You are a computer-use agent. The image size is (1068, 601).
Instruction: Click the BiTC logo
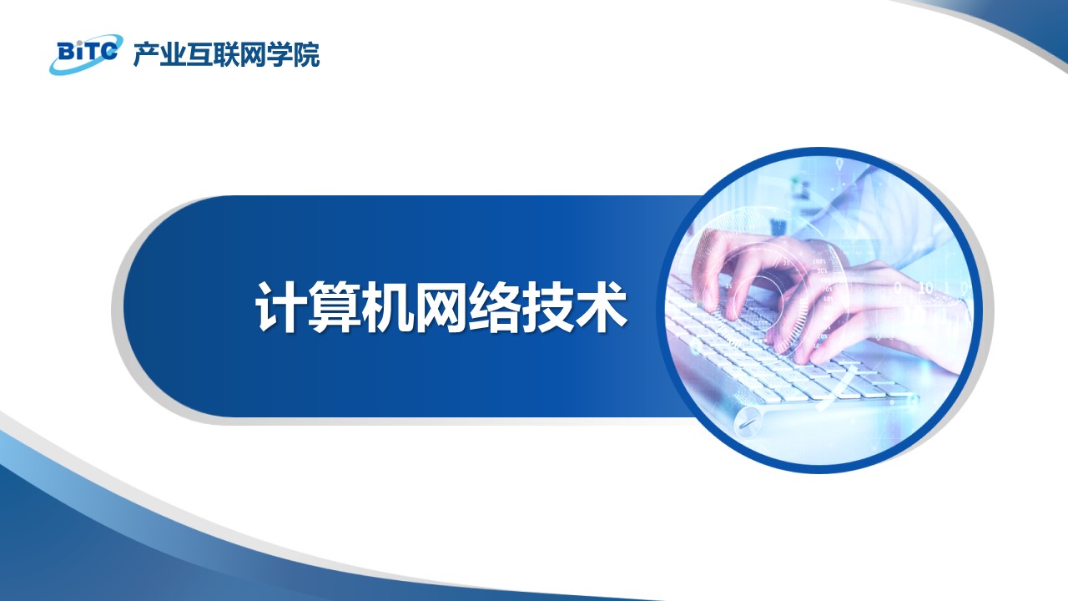pyautogui.click(x=86, y=54)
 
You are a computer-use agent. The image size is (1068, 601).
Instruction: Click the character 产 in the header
pyautogui.click(x=146, y=55)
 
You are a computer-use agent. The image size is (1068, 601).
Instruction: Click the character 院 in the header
pyautogui.click(x=306, y=55)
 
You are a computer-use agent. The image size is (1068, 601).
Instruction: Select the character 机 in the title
pyautogui.click(x=386, y=306)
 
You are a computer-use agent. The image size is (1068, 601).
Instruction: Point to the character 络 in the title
pyautogui.click(x=494, y=306)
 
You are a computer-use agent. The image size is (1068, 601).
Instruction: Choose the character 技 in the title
pyautogui.click(x=548, y=306)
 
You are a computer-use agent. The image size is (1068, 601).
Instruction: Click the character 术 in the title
pyautogui.click(x=602, y=306)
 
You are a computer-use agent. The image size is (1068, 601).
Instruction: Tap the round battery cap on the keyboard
pyautogui.click(x=745, y=422)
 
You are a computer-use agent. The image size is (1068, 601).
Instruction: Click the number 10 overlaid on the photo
pyautogui.click(x=925, y=288)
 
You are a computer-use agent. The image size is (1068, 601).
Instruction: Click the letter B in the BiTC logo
pyautogui.click(x=65, y=52)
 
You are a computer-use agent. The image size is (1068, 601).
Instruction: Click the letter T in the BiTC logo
pyautogui.click(x=93, y=51)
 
